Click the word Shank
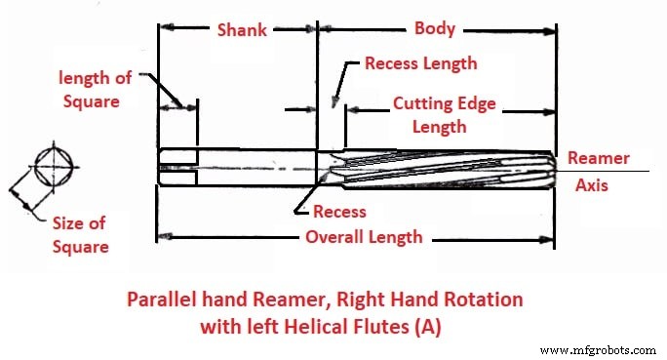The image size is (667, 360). point(241,29)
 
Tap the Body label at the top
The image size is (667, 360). point(434,28)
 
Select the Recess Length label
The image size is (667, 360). point(420,64)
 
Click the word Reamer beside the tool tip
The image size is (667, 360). point(598,158)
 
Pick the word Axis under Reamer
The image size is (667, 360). point(591,184)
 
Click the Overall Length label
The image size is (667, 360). point(364,237)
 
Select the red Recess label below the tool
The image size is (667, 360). point(339,212)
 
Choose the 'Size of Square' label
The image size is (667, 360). point(80,234)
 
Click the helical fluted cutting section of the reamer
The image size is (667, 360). point(444,168)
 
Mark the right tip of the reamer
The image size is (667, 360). point(556,168)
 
